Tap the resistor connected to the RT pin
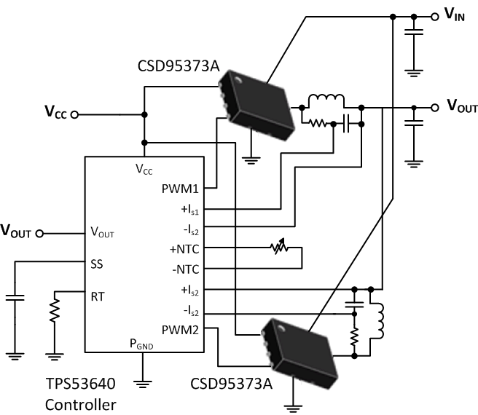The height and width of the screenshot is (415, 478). [55, 311]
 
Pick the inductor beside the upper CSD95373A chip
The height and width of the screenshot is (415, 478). [324, 101]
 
